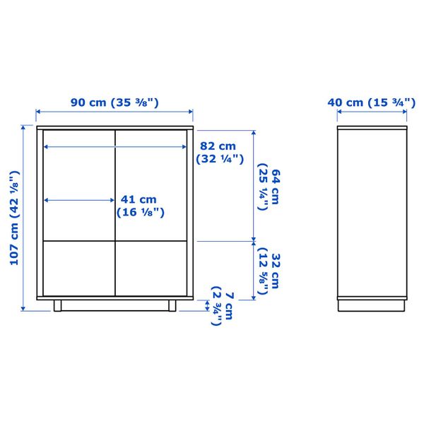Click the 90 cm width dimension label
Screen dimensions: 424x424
point(114,102)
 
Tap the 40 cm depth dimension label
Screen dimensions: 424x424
point(370,102)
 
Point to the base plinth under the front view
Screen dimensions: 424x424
point(114,305)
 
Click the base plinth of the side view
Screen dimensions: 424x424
point(371,305)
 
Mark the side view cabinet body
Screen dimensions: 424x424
point(371,212)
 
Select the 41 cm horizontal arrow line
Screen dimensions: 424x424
point(78,200)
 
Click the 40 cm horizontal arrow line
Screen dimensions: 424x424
point(371,112)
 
